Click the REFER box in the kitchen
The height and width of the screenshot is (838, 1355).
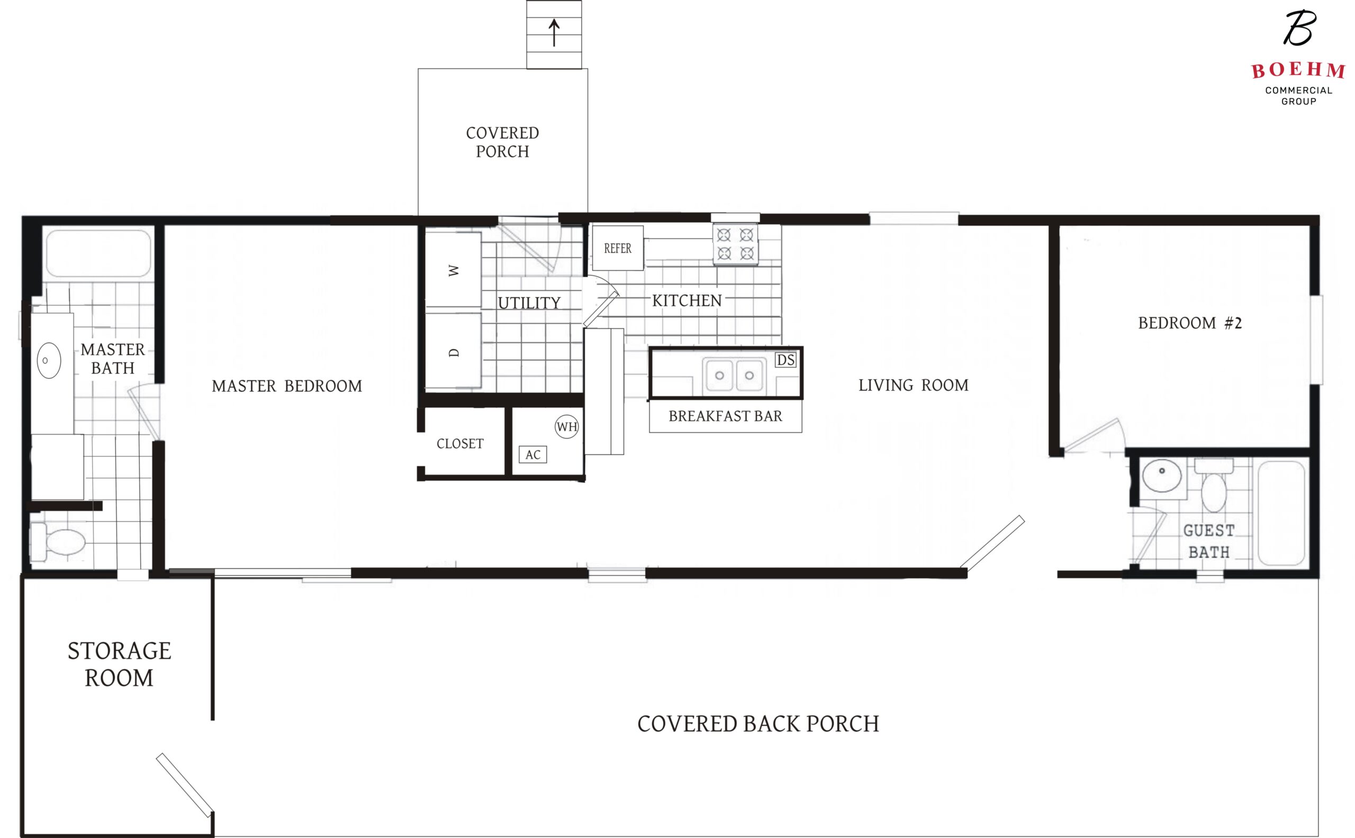pyautogui.click(x=618, y=248)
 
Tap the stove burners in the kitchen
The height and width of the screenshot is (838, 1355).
pyautogui.click(x=735, y=244)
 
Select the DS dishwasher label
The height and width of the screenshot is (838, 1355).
pyautogui.click(x=785, y=360)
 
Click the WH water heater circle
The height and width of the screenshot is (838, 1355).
pyautogui.click(x=567, y=427)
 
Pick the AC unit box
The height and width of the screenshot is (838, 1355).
pyautogui.click(x=533, y=454)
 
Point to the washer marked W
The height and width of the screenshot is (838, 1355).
pyautogui.click(x=453, y=270)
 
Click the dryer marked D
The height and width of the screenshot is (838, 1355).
pyautogui.click(x=453, y=351)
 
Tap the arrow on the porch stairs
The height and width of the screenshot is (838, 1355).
pyautogui.click(x=554, y=33)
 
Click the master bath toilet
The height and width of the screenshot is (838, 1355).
pyautogui.click(x=58, y=542)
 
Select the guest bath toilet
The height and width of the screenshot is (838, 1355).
pyautogui.click(x=1214, y=485)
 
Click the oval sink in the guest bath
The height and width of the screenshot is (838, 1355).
pyautogui.click(x=1162, y=476)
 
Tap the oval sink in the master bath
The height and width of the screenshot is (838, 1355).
pyautogui.click(x=49, y=361)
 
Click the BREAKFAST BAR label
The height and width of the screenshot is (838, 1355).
pyautogui.click(x=725, y=416)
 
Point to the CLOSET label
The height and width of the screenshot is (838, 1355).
pyautogui.click(x=460, y=443)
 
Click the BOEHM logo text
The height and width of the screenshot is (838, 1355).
pyautogui.click(x=1298, y=70)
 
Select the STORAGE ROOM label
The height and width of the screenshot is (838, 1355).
pyautogui.click(x=119, y=664)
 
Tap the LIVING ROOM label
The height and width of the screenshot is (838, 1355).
pyautogui.click(x=913, y=385)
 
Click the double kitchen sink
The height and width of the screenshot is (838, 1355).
pyautogui.click(x=735, y=375)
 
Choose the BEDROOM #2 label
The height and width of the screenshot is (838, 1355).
pyautogui.click(x=1190, y=323)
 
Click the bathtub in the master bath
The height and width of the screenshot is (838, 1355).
pyautogui.click(x=98, y=253)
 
